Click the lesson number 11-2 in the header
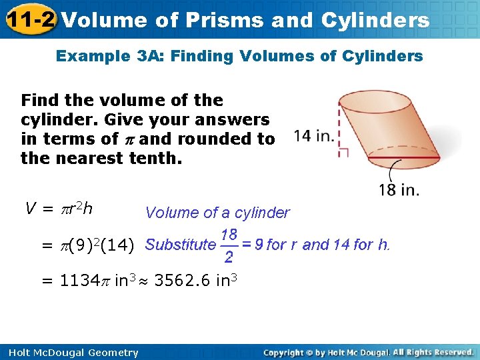pyautogui.click(x=30, y=19)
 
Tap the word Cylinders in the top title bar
pyautogui.click(x=375, y=20)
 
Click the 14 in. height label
pyautogui.click(x=313, y=136)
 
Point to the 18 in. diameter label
pyautogui.click(x=399, y=190)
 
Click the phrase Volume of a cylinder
pyautogui.click(x=217, y=213)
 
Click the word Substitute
pyautogui.click(x=180, y=245)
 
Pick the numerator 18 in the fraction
pyautogui.click(x=229, y=234)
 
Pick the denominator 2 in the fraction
pyautogui.click(x=229, y=257)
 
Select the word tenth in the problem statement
pyautogui.click(x=154, y=159)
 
